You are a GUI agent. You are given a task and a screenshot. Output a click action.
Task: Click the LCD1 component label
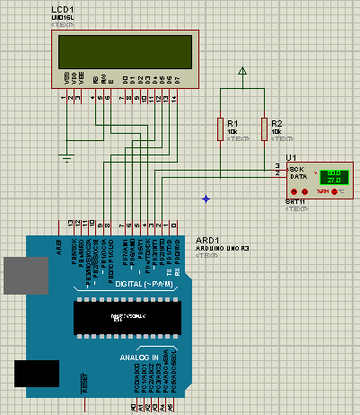coord(64,10)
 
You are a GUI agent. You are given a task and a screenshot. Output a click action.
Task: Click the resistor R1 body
coord(219,128)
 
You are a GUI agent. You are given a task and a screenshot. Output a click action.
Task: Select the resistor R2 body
coord(264,128)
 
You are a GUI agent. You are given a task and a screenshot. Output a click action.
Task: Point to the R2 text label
coord(277,122)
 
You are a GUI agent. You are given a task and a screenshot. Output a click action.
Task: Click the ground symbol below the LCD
coord(66,158)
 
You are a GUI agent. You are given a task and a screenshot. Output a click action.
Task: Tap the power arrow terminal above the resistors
coord(241,71)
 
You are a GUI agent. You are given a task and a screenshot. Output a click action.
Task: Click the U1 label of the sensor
coord(292,157)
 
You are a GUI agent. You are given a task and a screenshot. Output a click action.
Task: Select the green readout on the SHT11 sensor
coord(333,176)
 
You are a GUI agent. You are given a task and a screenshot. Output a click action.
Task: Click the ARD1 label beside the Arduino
coord(206,240)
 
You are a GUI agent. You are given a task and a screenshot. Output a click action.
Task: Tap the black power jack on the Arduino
coord(36,373)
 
